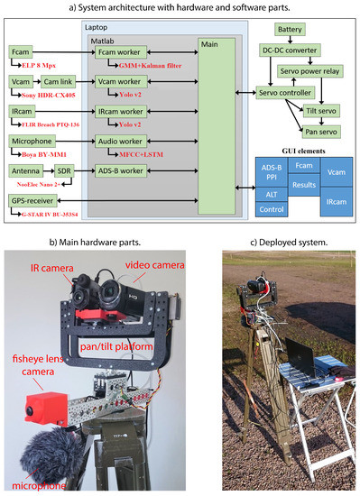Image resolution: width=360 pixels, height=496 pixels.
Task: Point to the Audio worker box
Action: coord(120,141)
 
